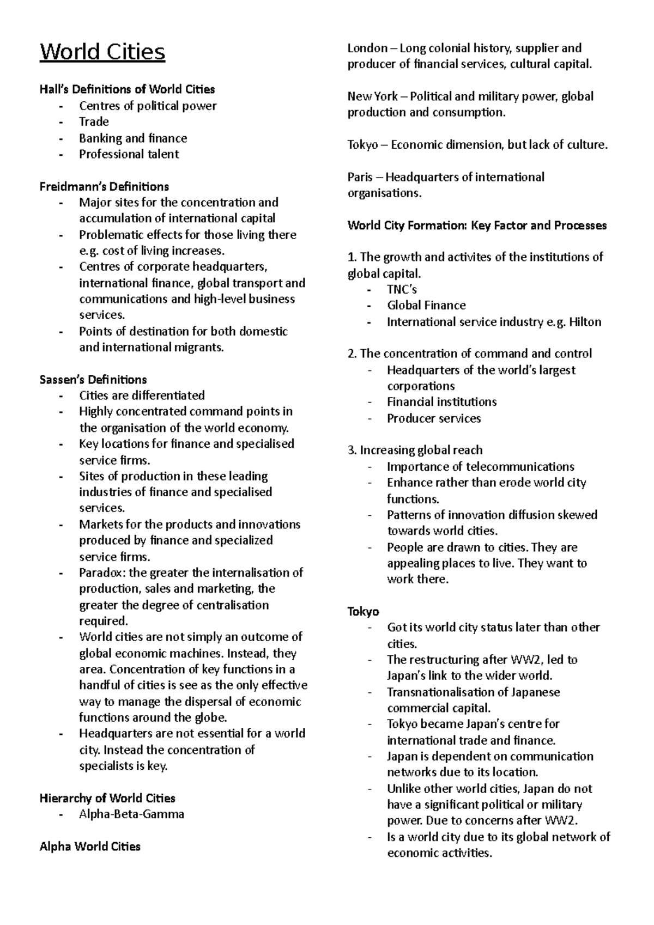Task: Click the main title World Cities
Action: [x=102, y=53]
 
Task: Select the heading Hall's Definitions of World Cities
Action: [x=127, y=89]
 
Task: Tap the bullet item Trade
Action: [x=94, y=122]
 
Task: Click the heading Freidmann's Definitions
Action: [x=104, y=187]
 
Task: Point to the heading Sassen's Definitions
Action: [x=93, y=380]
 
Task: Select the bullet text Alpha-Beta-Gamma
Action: [x=131, y=814]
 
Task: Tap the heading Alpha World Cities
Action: [x=90, y=847]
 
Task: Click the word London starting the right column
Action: [x=367, y=48]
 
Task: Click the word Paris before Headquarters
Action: [x=360, y=178]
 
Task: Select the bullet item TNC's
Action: [x=402, y=290]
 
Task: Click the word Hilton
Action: [x=585, y=322]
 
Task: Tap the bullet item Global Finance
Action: [x=426, y=306]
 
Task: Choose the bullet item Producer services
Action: [x=434, y=418]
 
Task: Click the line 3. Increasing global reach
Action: [x=415, y=451]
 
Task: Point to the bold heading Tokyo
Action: [x=363, y=612]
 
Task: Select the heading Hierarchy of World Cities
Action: [x=107, y=799]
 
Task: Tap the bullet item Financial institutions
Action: [x=441, y=402]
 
